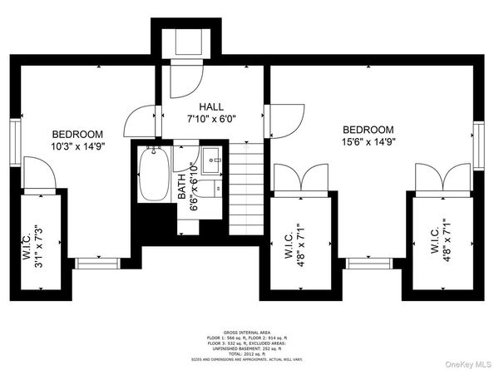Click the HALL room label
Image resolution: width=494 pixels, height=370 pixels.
click(210, 106)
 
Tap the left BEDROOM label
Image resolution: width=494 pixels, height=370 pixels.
click(77, 135)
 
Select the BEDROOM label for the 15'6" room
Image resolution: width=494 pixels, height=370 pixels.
click(368, 130)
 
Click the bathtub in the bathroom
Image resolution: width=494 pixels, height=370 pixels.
click(153, 173)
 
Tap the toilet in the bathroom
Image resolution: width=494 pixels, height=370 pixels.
click(215, 187)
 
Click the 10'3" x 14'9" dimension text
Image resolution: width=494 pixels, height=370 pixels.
click(77, 148)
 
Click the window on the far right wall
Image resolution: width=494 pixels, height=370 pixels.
click(479, 144)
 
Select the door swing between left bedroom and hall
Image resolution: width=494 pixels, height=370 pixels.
click(138, 123)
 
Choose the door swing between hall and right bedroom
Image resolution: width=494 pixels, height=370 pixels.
click(286, 119)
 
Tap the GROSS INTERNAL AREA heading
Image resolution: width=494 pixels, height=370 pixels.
click(247, 331)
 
